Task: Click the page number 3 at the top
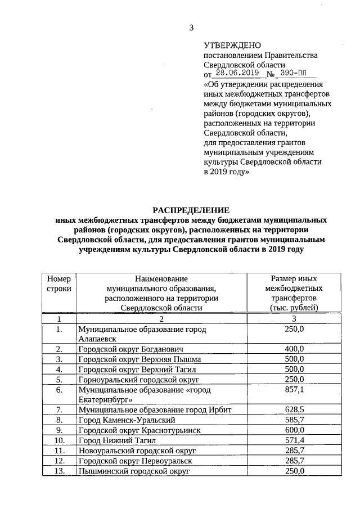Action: (x=191, y=28)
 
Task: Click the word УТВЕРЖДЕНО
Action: (x=231, y=45)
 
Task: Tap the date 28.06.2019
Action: (x=238, y=73)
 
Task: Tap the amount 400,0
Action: (x=294, y=349)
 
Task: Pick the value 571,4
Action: (x=294, y=440)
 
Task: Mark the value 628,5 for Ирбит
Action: (x=294, y=409)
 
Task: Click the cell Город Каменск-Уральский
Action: (x=127, y=420)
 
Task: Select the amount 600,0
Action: (x=294, y=430)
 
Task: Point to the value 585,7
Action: (x=294, y=420)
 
